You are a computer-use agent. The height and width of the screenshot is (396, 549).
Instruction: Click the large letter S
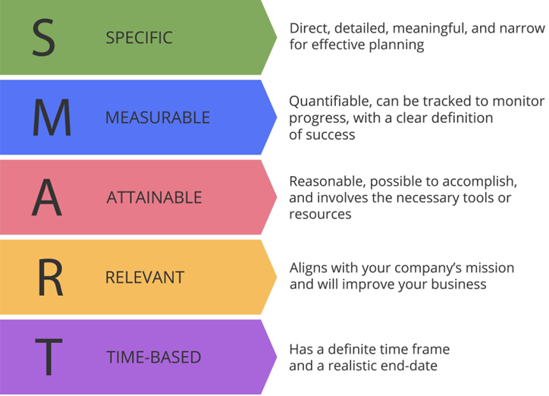point(44,37)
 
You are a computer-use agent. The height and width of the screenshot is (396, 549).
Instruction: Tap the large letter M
point(52,118)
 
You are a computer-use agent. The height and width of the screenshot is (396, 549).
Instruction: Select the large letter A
point(47,197)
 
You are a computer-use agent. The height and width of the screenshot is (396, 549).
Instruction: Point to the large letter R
point(50,278)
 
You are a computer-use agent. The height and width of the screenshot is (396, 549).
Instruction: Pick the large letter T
point(49,357)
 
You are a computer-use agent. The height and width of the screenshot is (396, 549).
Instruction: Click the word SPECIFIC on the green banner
point(139,38)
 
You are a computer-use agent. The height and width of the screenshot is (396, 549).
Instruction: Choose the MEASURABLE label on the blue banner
point(158,118)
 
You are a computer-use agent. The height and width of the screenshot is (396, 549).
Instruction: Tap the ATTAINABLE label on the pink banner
point(154,197)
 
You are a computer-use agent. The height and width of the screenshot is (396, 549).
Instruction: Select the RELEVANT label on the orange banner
point(145,278)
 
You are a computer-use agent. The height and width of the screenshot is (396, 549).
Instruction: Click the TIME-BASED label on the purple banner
point(154,357)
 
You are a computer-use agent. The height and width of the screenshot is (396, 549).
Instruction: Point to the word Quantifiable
point(331,102)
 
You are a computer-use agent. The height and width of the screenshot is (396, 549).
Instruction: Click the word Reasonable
point(328,181)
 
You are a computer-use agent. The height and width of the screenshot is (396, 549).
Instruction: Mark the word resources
point(320,215)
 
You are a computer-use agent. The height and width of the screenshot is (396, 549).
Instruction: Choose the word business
point(459,284)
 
